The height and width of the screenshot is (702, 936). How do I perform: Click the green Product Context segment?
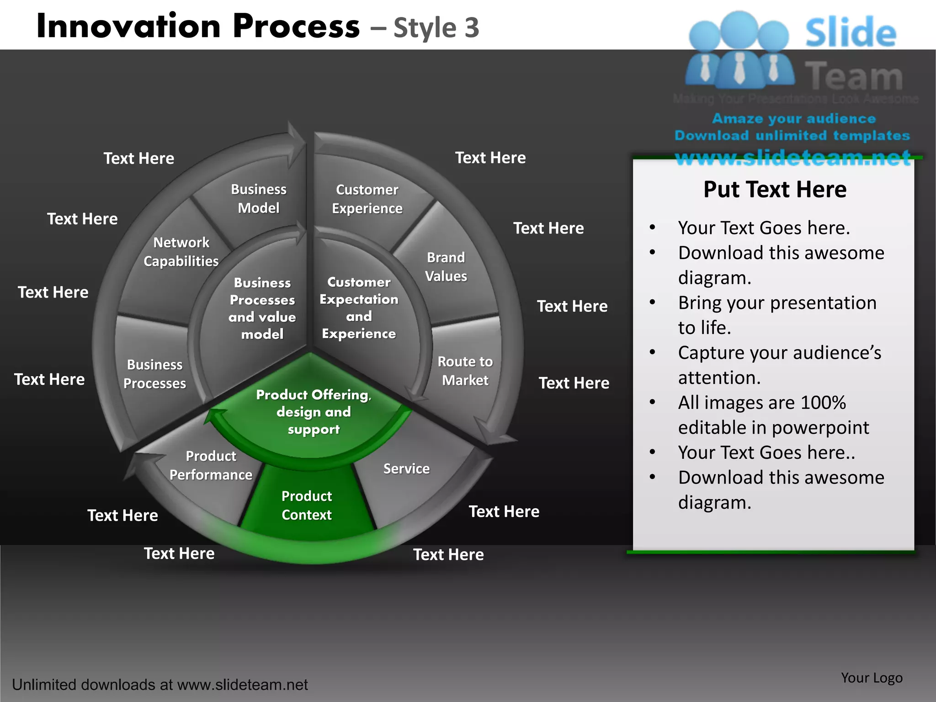(307, 505)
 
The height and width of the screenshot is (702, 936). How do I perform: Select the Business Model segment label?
(259, 199)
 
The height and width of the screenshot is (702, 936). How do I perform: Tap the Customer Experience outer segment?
(367, 199)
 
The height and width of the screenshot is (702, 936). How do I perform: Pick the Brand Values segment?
(446, 267)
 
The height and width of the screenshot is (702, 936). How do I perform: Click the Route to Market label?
(465, 371)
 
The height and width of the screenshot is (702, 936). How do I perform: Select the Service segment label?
(406, 468)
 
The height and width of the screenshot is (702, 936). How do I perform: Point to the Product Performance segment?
(211, 465)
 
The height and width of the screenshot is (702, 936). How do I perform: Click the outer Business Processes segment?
(154, 374)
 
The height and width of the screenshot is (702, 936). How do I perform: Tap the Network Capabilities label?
(181, 251)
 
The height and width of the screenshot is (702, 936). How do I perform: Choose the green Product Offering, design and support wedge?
(314, 412)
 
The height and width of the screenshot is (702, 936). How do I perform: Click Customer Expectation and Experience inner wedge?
(359, 308)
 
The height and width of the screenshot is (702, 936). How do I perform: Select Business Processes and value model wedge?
(262, 308)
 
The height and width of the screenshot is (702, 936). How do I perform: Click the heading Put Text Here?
(775, 189)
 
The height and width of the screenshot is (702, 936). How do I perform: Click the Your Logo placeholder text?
(872, 678)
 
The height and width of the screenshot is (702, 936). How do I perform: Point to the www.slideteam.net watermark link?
(793, 158)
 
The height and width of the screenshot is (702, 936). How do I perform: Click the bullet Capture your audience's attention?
(779, 365)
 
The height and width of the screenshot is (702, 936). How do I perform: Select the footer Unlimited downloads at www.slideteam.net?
(160, 685)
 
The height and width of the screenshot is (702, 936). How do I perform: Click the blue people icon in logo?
(739, 50)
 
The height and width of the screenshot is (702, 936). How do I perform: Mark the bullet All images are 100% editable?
(773, 415)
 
